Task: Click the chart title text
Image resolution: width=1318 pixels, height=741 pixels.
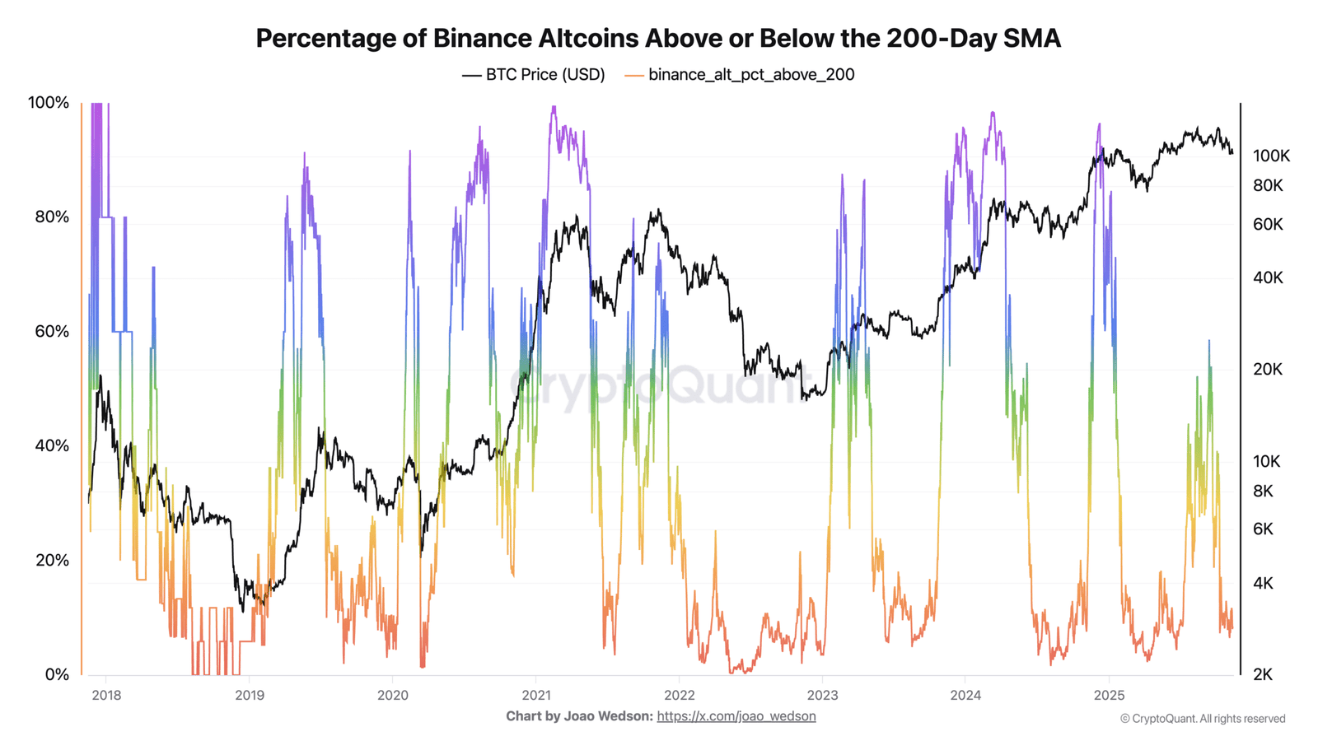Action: (658, 39)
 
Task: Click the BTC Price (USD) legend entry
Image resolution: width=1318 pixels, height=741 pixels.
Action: (533, 75)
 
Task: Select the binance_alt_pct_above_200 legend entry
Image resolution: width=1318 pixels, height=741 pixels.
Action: (740, 75)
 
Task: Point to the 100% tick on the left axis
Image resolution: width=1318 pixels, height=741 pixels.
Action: (49, 102)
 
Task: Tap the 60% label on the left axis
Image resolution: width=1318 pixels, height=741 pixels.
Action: (52, 331)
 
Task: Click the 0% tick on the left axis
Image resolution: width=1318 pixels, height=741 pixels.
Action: (57, 674)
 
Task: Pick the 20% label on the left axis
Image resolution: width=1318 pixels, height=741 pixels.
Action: (52, 560)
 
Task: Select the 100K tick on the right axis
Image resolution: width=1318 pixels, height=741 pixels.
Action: (1271, 156)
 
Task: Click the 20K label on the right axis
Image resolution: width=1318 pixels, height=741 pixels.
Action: (1268, 370)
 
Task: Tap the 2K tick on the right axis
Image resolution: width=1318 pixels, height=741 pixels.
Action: (1263, 674)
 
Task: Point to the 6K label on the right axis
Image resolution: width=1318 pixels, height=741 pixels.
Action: (1264, 529)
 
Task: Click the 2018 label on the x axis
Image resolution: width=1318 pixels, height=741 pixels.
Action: (106, 695)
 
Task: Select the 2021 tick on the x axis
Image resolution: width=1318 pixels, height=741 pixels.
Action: (536, 695)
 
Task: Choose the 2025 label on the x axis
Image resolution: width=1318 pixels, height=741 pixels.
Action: (1109, 695)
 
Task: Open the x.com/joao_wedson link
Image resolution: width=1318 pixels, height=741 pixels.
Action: (736, 716)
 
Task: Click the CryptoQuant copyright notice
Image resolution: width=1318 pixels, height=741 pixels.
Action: (1203, 719)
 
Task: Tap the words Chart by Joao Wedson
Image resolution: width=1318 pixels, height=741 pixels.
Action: (580, 716)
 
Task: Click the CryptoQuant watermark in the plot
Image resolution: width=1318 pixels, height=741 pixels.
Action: (660, 385)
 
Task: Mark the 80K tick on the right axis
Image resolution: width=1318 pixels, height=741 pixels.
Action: (1268, 186)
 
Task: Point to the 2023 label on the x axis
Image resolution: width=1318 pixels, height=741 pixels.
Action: (822, 695)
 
